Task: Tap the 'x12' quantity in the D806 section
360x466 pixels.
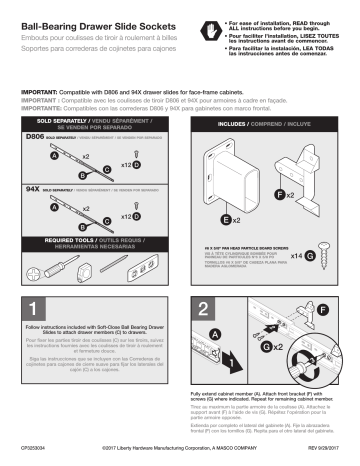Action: tap(127, 164)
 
